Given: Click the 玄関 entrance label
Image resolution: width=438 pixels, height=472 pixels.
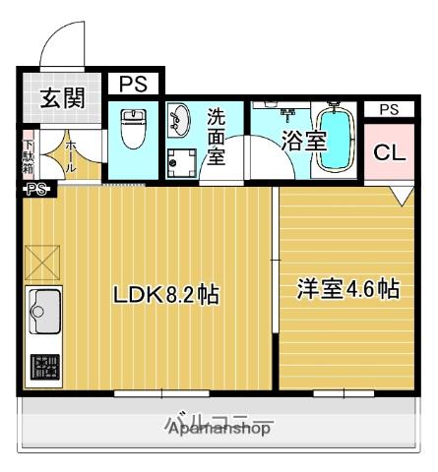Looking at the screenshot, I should (61, 97).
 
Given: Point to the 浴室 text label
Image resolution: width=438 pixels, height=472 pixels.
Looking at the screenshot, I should (303, 140).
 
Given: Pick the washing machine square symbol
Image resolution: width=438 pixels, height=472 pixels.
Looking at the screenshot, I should (181, 163).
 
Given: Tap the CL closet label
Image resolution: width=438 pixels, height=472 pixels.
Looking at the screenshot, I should (389, 153).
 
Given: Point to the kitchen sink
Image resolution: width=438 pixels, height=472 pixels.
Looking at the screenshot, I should (44, 314).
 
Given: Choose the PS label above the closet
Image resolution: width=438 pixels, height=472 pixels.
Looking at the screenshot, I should (389, 109).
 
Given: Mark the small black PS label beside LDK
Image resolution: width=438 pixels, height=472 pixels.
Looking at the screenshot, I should (37, 189).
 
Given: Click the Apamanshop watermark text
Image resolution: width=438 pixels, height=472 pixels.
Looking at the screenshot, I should (219, 429).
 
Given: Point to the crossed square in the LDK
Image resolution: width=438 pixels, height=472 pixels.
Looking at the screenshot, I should (42, 264).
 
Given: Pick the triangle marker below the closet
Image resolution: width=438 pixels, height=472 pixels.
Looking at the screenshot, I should (401, 196).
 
